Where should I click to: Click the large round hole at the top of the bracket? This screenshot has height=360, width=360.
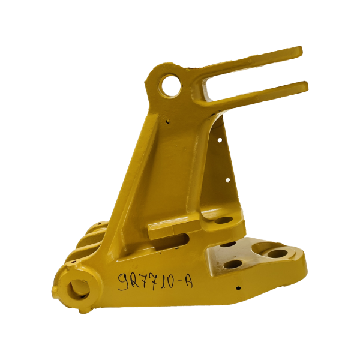(171, 86)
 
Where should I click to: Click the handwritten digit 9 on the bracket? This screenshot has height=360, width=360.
(124, 281)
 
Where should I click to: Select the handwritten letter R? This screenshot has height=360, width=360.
(136, 280)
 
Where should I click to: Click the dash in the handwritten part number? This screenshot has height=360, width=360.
(180, 281)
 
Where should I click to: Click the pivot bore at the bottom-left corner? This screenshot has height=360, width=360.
(79, 289)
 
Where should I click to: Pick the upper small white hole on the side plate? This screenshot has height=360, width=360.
(220, 140)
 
